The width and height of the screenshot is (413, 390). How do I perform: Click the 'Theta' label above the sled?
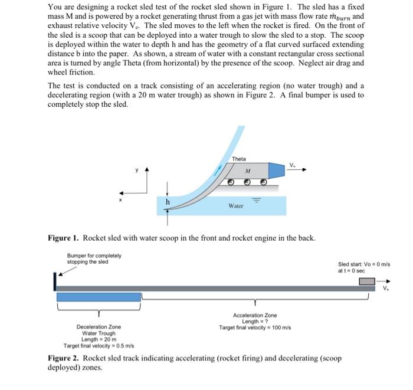pyautogui.click(x=238, y=159)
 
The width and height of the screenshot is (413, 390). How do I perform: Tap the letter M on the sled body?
pyautogui.click(x=247, y=170)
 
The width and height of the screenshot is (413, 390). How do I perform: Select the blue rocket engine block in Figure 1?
pyautogui.click(x=277, y=171)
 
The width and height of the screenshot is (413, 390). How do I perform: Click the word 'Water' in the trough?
pyautogui.click(x=236, y=206)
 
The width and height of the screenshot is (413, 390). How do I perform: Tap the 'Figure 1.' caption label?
pyautogui.click(x=63, y=238)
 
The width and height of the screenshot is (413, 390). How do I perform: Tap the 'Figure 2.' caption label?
pyautogui.click(x=63, y=358)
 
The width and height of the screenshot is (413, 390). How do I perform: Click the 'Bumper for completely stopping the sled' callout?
pyautogui.click(x=94, y=258)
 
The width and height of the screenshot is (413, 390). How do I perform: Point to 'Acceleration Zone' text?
pyautogui.click(x=254, y=316)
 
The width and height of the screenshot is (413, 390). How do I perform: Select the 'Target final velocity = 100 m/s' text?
pyautogui.click(x=254, y=327)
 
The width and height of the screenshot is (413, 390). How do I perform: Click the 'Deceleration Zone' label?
pyautogui.click(x=99, y=327)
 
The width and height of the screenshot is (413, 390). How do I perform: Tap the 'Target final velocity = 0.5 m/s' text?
pyautogui.click(x=98, y=345)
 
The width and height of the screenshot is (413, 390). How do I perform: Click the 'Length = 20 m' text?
pyautogui.click(x=99, y=339)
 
